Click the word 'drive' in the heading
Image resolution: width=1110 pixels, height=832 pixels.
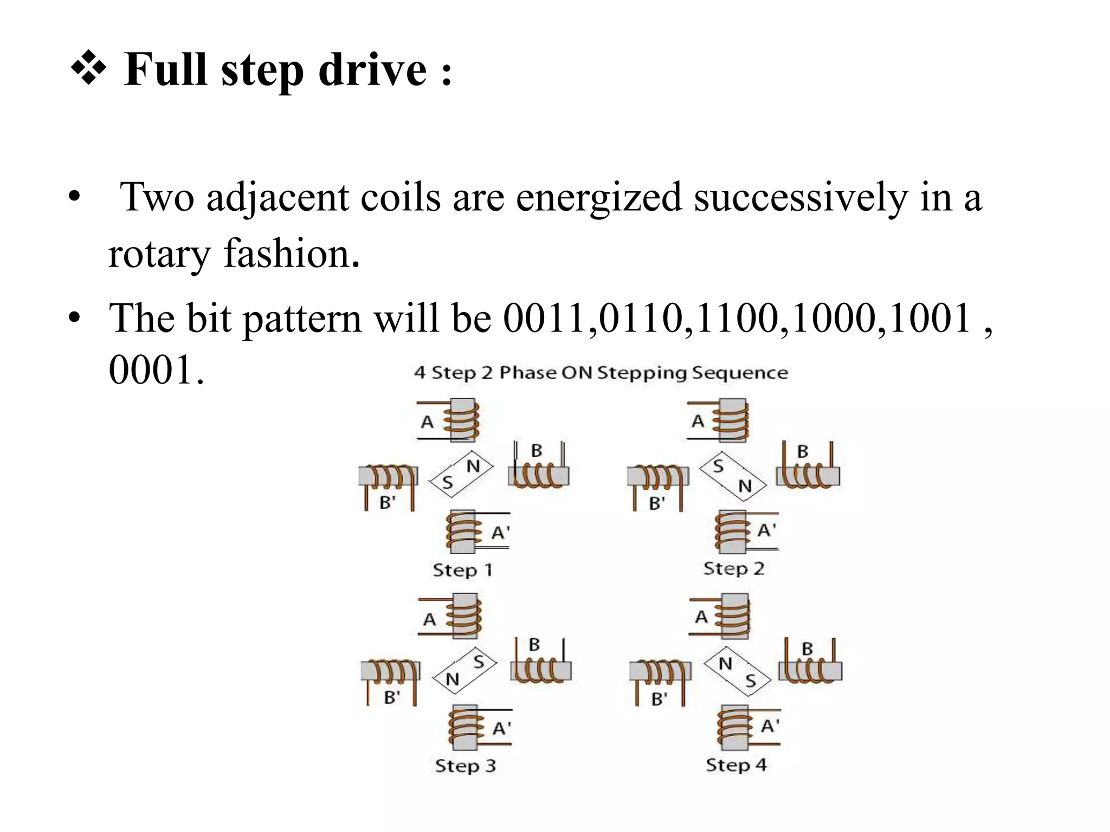point(372,70)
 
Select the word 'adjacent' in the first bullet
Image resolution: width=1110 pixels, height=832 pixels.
point(277,198)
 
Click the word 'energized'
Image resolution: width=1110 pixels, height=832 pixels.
point(598,198)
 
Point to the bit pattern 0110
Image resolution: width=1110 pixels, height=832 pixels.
point(640,318)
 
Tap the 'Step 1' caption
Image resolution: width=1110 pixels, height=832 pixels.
point(462,570)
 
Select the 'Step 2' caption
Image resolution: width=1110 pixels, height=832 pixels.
point(733,569)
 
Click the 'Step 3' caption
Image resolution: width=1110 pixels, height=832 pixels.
point(465,766)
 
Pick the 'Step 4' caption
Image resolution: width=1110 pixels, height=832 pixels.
point(736,765)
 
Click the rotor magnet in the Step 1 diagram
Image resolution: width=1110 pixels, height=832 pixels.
point(461,473)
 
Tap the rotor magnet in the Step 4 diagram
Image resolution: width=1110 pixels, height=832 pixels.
point(737,672)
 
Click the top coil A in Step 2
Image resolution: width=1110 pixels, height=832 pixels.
point(732,420)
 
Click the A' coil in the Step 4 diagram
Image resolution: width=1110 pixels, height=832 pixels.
point(734,727)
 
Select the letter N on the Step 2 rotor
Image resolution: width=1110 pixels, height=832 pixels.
point(746,486)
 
